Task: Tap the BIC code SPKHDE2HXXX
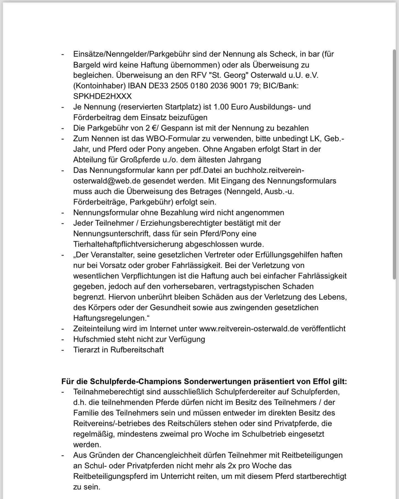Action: coord(102,96)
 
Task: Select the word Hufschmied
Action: coord(93,339)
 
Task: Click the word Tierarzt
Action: coord(86,350)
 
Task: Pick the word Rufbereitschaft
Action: coord(137,350)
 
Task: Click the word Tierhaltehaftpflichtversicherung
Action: coord(128,245)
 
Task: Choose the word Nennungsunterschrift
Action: coord(111,234)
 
